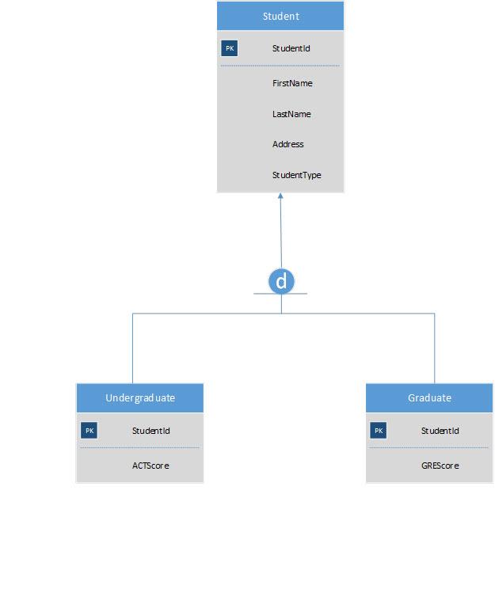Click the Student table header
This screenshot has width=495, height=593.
pos(280,16)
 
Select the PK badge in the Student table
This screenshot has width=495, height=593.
pos(230,48)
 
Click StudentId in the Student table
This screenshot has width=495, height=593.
pos(291,48)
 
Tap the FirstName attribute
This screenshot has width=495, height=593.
pos(292,83)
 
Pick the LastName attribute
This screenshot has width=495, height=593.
pos(291,114)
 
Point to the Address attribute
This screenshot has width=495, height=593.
pos(288,144)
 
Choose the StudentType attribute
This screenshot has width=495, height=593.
pos(296,175)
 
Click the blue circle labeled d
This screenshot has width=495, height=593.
pos(281,280)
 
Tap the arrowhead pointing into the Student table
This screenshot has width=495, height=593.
pos(280,196)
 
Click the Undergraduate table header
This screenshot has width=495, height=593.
pos(140,397)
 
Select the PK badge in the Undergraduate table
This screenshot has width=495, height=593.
pos(89,431)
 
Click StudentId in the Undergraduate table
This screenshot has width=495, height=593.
pos(150,431)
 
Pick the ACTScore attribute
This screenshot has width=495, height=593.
pos(150,466)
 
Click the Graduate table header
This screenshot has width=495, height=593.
pos(429,397)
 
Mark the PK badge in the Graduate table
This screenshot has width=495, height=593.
pos(379,431)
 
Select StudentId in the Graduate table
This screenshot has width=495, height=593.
pos(440,431)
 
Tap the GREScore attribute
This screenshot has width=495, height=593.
pos(440,466)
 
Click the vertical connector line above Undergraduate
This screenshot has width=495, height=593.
pos(132,348)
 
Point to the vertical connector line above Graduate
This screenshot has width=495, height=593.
pos(435,348)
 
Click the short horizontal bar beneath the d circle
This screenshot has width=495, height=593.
pos(261,294)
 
